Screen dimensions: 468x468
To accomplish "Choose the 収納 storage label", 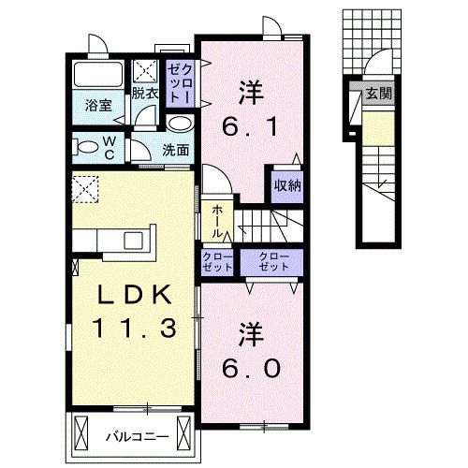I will click(287, 184).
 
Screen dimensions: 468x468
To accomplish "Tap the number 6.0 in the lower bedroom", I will click(251, 370).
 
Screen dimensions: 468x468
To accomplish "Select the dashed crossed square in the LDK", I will click(86, 189).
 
